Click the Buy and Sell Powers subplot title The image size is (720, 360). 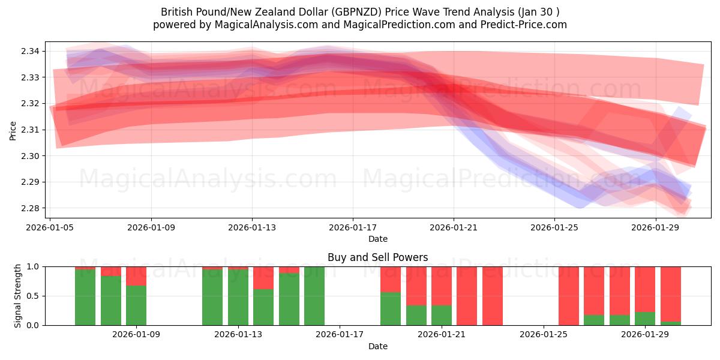(377, 257)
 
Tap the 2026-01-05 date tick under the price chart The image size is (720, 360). (50, 227)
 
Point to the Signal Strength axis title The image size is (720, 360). (18, 296)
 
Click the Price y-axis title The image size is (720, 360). (13, 130)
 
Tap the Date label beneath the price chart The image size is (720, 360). (377, 239)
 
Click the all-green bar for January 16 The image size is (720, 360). (314, 296)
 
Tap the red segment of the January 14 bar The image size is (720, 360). (263, 278)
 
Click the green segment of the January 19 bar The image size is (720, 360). (391, 308)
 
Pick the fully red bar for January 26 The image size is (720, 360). (569, 296)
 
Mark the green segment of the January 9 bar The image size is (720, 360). (136, 305)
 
